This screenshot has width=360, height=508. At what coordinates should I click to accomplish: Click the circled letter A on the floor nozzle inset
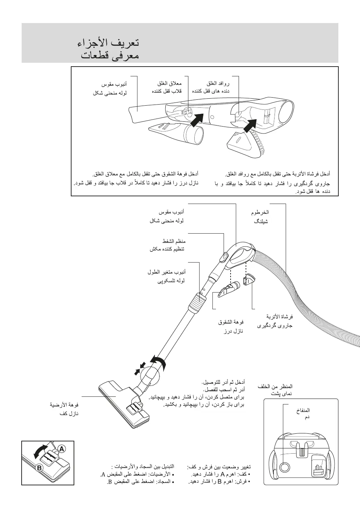point(61,448)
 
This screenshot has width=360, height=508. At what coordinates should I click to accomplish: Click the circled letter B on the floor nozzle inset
point(39,468)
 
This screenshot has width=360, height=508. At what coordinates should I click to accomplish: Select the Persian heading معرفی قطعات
point(110,55)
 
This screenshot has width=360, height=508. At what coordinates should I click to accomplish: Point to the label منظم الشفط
point(174,241)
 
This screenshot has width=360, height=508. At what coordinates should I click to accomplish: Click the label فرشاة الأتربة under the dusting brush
point(279,317)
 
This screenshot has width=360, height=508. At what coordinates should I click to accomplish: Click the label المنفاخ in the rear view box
point(303,410)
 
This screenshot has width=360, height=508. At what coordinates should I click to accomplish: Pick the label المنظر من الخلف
point(275,386)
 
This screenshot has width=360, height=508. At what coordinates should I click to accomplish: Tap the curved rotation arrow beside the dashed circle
point(158,362)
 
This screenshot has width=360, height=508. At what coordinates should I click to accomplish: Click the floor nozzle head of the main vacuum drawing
point(125,405)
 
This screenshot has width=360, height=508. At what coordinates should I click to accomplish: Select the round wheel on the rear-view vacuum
point(285,467)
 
